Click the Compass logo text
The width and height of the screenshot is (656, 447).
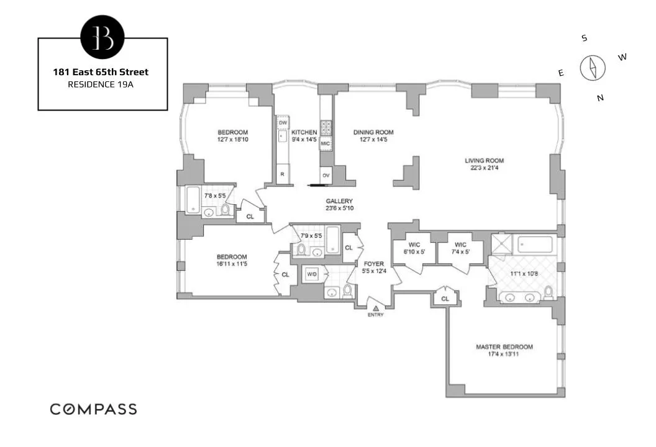[93, 409]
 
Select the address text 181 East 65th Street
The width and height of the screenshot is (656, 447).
[101, 72]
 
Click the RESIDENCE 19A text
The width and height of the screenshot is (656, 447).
[101, 84]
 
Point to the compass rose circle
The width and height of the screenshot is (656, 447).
[592, 68]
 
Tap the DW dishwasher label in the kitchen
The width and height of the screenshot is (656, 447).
[283, 124]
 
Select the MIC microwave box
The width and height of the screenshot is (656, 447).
[326, 145]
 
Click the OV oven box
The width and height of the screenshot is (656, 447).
[326, 175]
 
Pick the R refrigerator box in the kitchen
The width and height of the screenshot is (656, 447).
[283, 174]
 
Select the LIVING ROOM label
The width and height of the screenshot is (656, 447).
[485, 161]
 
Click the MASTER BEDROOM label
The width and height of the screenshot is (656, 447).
[504, 347]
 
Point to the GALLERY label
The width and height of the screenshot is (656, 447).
[339, 201]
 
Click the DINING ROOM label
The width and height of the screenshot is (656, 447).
[373, 132]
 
